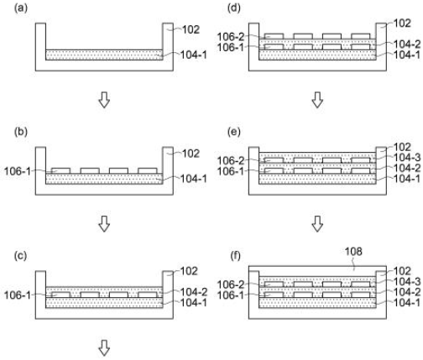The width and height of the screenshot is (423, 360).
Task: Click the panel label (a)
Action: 21,8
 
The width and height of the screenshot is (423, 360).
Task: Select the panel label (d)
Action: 234,8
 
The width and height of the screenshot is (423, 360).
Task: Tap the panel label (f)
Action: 234,256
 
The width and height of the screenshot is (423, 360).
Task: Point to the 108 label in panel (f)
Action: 353,252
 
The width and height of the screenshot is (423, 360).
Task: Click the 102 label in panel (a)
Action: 191,29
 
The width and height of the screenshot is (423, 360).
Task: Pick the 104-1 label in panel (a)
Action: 194,55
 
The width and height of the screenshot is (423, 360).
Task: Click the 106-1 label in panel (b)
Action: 17,171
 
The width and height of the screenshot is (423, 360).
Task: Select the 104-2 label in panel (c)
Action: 194,292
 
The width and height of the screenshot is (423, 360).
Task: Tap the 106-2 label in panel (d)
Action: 231,37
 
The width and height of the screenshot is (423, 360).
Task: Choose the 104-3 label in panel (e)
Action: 407,158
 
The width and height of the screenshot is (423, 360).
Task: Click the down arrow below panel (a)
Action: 104,100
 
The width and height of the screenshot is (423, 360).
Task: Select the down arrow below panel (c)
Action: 104,348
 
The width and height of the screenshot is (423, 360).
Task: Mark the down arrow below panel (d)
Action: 317,100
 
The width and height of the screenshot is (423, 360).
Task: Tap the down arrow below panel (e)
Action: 317,224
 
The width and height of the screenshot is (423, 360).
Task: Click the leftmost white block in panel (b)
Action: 61,170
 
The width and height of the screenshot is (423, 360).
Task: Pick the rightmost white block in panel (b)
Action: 148,170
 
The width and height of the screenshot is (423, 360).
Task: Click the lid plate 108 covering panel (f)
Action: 317,271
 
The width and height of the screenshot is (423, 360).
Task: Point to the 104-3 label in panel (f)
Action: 407,282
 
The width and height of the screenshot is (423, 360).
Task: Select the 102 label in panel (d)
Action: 402,23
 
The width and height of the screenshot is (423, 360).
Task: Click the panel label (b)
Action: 21,132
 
